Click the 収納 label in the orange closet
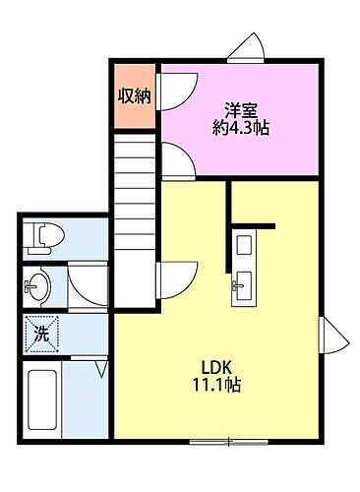click(x=135, y=96)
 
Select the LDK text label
click(x=217, y=367)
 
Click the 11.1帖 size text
click(x=217, y=385)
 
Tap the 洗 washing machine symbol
click(x=42, y=334)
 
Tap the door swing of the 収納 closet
click(x=170, y=92)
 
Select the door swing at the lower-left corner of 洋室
click(x=173, y=160)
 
